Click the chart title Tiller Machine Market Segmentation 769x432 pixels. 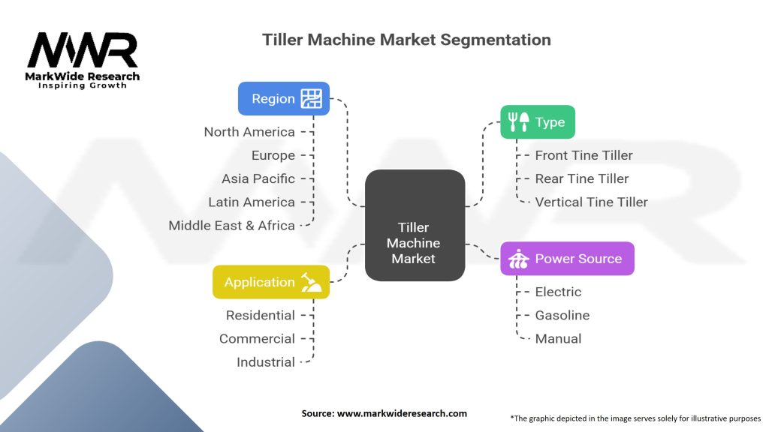(x=406, y=40)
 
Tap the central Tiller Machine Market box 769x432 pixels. (x=414, y=225)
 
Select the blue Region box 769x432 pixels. (x=284, y=98)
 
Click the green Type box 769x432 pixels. (x=538, y=121)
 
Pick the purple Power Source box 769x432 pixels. (x=567, y=259)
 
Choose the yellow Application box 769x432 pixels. (x=271, y=282)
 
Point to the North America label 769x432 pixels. (x=249, y=132)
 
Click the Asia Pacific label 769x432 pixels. (x=258, y=178)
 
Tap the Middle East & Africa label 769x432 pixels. (x=231, y=225)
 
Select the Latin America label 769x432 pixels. (x=252, y=202)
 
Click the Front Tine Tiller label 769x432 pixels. (x=584, y=155)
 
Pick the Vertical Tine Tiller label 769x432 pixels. (x=591, y=202)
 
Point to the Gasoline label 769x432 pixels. (x=562, y=315)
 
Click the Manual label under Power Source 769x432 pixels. (x=558, y=338)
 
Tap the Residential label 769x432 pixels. (x=260, y=315)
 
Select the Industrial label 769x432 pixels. (x=265, y=361)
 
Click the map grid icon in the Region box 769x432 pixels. (x=311, y=98)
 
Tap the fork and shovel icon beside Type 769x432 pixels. (x=518, y=121)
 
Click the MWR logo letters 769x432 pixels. (x=83, y=50)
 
